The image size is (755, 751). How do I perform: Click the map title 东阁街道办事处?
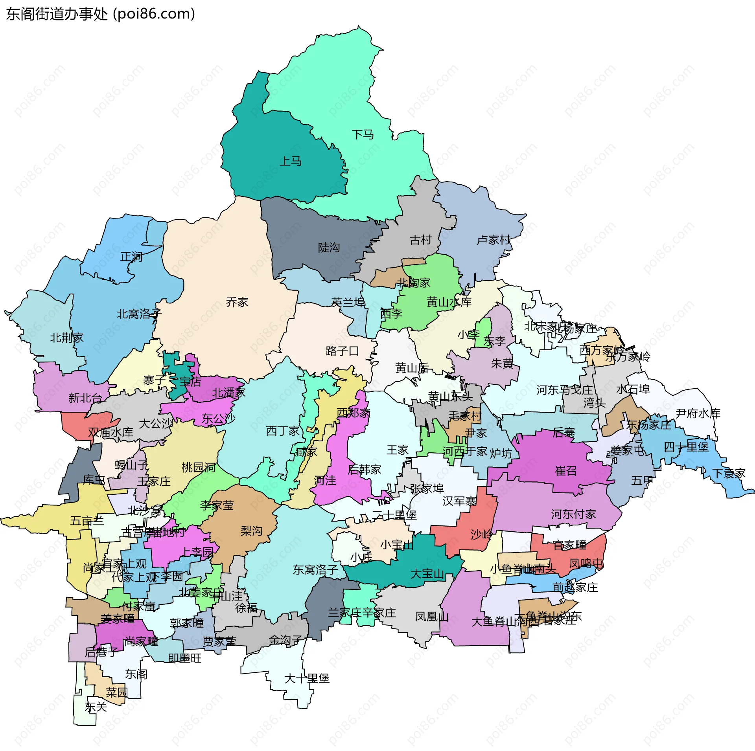57,14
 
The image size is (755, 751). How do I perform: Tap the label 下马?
363,135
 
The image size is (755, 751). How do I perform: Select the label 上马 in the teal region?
290,161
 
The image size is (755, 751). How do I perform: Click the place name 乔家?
237,302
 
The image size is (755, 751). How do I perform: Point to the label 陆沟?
329,248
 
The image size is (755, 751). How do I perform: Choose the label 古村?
420,240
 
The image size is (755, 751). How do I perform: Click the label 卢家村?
494,240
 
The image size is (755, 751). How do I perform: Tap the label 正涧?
131,257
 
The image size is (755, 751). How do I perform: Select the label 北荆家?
66,338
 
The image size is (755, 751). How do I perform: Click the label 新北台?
85,398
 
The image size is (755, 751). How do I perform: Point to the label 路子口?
342,351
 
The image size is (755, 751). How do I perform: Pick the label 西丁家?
283,431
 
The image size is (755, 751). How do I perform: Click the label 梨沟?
251,531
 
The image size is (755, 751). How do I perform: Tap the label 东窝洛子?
315,570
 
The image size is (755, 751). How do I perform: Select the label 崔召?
565,471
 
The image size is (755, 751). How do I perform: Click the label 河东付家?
573,514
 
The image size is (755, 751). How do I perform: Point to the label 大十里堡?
307,678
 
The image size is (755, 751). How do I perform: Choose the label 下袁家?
729,474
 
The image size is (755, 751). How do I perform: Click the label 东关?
96,707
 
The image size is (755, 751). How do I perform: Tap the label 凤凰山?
432,617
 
